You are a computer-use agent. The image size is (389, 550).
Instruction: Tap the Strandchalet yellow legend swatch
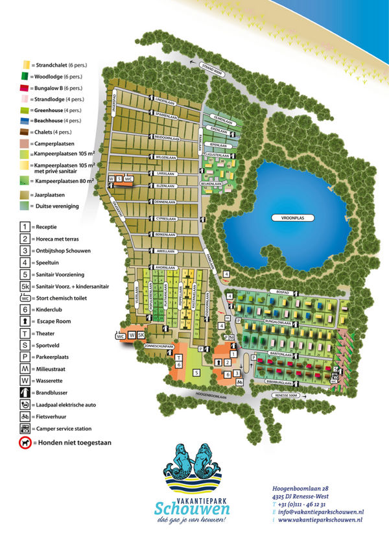26,65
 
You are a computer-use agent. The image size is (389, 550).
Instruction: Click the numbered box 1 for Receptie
25,226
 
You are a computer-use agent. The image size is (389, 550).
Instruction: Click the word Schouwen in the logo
192,507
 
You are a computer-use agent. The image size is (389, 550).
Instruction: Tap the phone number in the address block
302,503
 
